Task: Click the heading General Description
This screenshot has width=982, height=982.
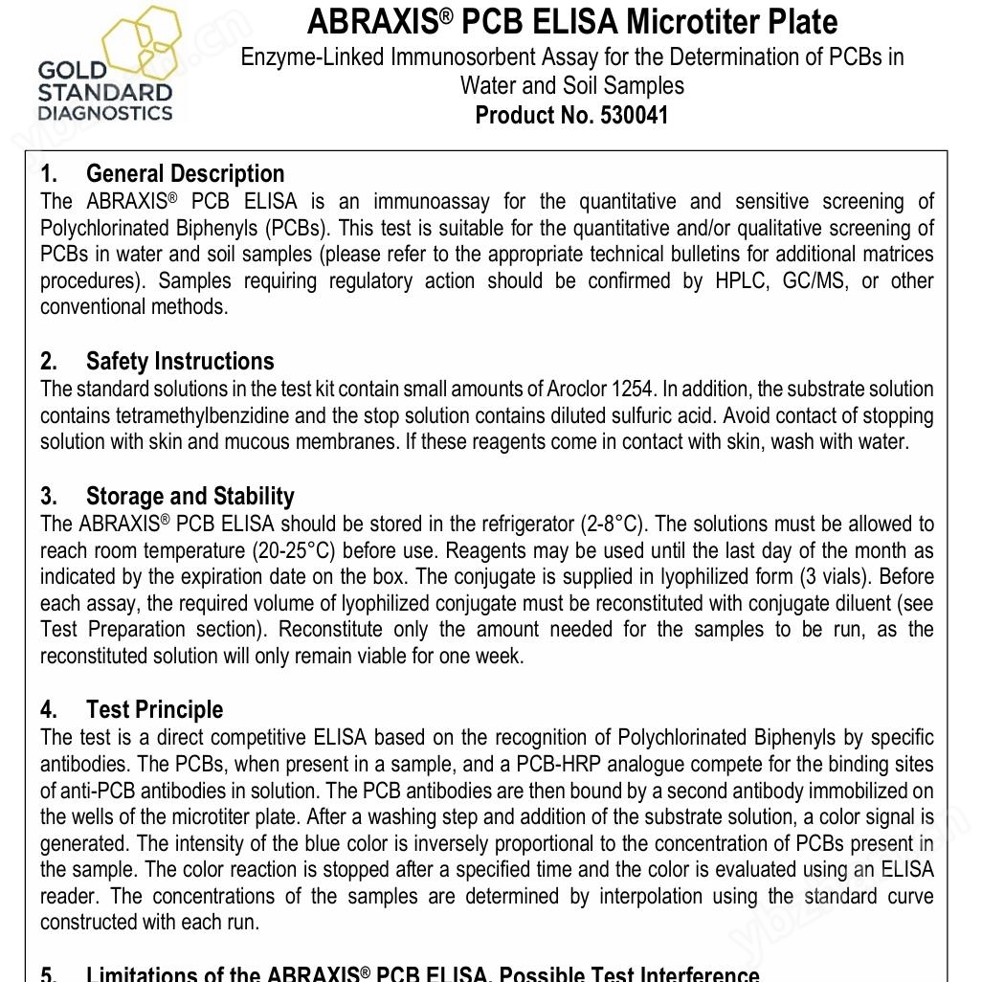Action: point(185,173)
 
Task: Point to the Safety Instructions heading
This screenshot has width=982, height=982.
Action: point(180,361)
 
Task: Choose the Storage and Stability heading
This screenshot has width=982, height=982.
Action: point(190,496)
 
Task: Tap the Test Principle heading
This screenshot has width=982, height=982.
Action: point(154,709)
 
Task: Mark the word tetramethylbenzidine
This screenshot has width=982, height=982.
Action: point(203,415)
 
